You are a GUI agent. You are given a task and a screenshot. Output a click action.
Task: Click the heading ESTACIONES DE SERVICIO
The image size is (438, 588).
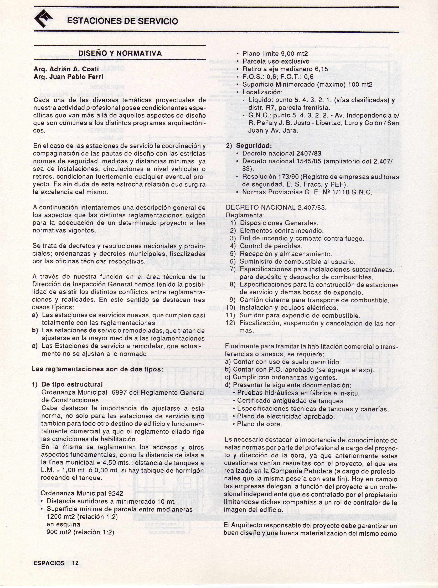pos(122,21)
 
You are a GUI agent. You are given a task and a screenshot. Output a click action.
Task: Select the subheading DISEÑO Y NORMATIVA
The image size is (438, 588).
pos(120,53)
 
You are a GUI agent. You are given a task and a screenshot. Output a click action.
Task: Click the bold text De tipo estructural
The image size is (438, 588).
pos(72,384)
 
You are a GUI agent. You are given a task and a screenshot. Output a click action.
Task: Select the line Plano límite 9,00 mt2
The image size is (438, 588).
pos(275,54)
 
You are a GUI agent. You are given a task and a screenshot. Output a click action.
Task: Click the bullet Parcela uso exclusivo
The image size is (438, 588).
pos(276,61)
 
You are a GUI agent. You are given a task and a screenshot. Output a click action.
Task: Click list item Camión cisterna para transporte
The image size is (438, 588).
pos(314,300)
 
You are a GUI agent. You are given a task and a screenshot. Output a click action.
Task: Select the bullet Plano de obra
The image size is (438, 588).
pos(259,424)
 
